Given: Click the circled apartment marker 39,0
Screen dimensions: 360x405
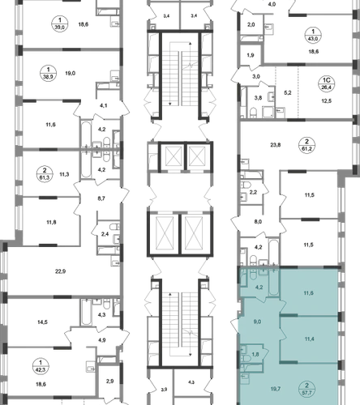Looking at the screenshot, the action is click(x=60, y=23).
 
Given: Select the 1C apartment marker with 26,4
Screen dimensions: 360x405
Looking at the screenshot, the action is click(x=327, y=83).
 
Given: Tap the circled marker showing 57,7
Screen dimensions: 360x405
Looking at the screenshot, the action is click(x=306, y=389).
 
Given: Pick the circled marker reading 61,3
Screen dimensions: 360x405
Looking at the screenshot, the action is click(x=45, y=174).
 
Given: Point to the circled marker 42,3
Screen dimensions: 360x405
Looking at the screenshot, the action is click(x=41, y=366).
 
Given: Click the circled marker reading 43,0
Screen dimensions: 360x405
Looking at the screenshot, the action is click(x=313, y=35).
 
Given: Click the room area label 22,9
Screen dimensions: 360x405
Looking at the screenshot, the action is click(x=60, y=271).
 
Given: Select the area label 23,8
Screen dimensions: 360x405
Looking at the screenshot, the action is click(x=276, y=145).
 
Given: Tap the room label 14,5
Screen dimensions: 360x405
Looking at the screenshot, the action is click(x=42, y=322).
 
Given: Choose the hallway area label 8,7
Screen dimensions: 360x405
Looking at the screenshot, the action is click(x=101, y=198).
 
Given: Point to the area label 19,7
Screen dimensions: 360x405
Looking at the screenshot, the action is click(x=276, y=389).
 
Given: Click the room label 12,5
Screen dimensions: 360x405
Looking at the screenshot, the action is click(x=326, y=101).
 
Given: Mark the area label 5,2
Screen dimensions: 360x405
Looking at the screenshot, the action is click(x=288, y=93).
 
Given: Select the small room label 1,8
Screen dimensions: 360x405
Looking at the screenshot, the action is click(x=255, y=355).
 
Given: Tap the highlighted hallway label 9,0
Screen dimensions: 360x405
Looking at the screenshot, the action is click(x=257, y=322).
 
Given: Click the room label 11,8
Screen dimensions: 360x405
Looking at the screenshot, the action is click(x=51, y=222).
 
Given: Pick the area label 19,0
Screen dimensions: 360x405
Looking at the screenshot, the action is click(x=70, y=73).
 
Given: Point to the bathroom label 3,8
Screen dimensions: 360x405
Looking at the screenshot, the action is click(x=258, y=98).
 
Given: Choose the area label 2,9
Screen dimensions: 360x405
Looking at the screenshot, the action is click(x=109, y=382).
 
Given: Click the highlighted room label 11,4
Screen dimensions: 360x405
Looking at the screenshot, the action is click(x=309, y=339).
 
